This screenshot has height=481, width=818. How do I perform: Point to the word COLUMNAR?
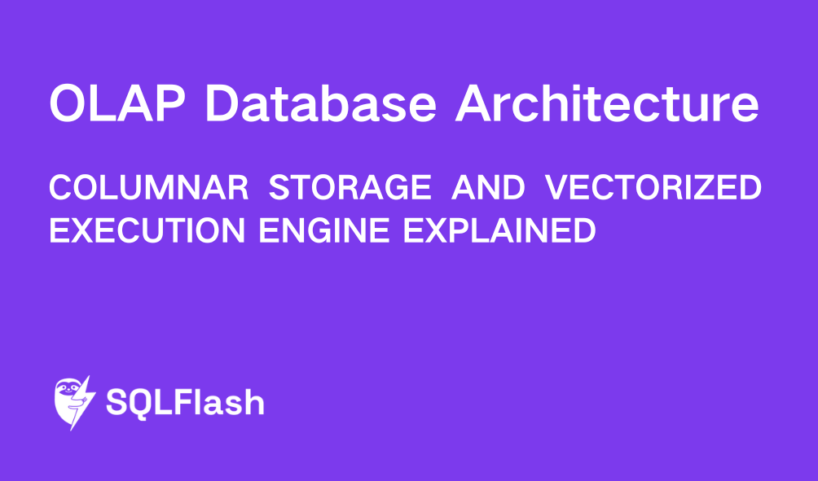[x=148, y=189]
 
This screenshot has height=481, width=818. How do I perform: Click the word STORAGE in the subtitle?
[x=350, y=189]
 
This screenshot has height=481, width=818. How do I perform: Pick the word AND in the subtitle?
[x=487, y=189]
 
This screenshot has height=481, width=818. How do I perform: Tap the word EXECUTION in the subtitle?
[x=146, y=230]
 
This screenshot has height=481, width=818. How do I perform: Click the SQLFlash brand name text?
[x=186, y=403]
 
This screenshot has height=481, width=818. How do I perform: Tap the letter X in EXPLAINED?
[x=431, y=230]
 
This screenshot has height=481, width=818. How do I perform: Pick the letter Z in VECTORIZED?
[x=710, y=189]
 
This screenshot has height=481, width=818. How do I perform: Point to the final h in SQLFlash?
[x=253, y=402]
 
